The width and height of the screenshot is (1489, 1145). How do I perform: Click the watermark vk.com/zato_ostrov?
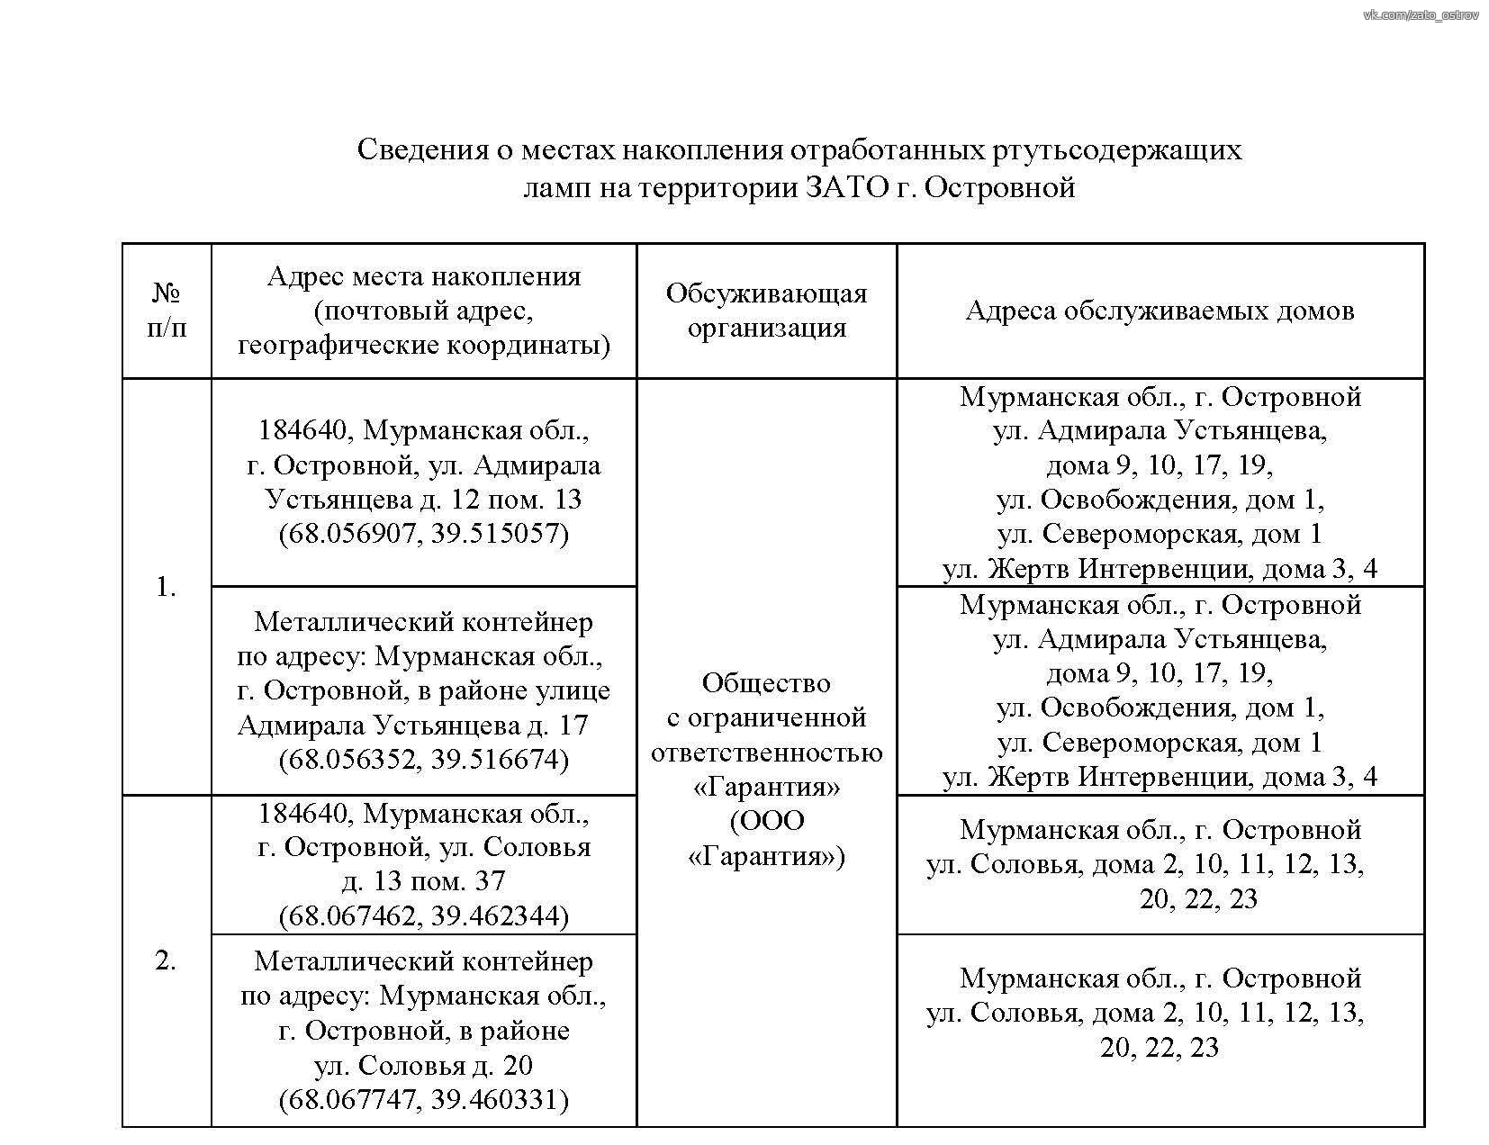pyautogui.click(x=1421, y=14)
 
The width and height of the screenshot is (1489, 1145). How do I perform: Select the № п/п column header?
pyautogui.click(x=167, y=311)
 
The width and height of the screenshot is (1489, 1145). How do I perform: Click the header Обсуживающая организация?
pyautogui.click(x=766, y=311)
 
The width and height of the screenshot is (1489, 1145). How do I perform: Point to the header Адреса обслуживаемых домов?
pyautogui.click(x=1160, y=311)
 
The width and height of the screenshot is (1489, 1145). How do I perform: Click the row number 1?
pyautogui.click(x=166, y=588)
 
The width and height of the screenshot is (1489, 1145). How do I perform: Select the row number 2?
pyautogui.click(x=166, y=961)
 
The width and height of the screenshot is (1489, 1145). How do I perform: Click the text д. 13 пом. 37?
pyautogui.click(x=423, y=881)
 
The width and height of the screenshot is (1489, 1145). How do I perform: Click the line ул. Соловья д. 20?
pyautogui.click(x=423, y=1066)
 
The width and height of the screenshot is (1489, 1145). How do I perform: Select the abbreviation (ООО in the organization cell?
pyautogui.click(x=767, y=821)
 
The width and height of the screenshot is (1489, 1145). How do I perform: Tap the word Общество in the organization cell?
pyautogui.click(x=766, y=683)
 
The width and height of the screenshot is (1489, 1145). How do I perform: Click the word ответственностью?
pyautogui.click(x=766, y=753)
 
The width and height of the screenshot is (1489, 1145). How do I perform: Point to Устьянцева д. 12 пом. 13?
pyautogui.click(x=423, y=500)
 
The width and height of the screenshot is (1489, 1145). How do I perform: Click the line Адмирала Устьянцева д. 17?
pyautogui.click(x=412, y=726)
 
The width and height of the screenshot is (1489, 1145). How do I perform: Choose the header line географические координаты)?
pyautogui.click(x=423, y=346)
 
